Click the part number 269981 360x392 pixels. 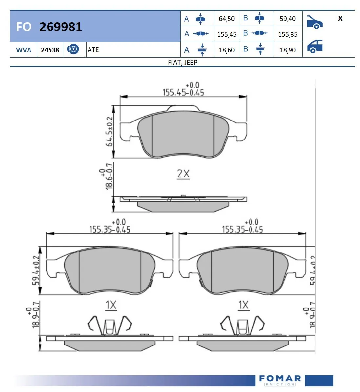pyautogui.click(x=61, y=27)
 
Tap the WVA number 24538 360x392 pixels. pyautogui.click(x=50, y=50)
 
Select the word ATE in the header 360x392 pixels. pyautogui.click(x=93, y=50)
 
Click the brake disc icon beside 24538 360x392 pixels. pyautogui.click(x=73, y=49)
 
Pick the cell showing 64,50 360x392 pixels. pyautogui.click(x=227, y=19)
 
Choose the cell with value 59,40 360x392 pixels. pyautogui.click(x=288, y=19)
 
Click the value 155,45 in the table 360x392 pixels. pyautogui.click(x=227, y=34)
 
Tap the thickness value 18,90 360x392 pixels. pyautogui.click(x=288, y=50)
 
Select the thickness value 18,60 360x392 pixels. pyautogui.click(x=227, y=50)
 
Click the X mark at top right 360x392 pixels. pyautogui.click(x=340, y=19)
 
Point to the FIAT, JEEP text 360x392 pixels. pyautogui.click(x=182, y=62)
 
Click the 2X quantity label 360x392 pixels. pyautogui.click(x=183, y=174)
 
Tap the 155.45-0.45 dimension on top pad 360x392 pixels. pyautogui.click(x=183, y=92)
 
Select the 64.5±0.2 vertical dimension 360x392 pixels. pyautogui.click(x=110, y=132)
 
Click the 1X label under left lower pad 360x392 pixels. pyautogui.click(x=111, y=305)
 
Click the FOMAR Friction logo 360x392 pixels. pyautogui.click(x=280, y=380)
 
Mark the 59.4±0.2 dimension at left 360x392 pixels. pyautogui.click(x=36, y=271)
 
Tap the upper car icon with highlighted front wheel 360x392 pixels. pyautogui.click(x=314, y=22)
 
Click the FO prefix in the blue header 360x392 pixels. pyautogui.click(x=24, y=27)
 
